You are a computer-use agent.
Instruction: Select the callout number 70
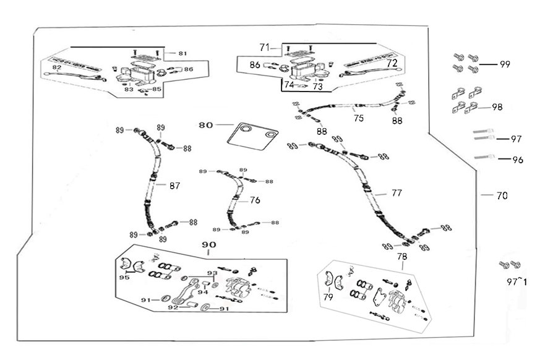tap(502, 196)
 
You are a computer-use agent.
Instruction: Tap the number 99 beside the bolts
tap(505, 64)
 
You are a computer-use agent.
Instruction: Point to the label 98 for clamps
tap(497, 107)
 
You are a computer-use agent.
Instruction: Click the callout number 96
tap(518, 160)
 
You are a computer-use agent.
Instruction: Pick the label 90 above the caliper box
tap(208, 245)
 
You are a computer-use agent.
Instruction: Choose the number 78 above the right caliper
tap(402, 256)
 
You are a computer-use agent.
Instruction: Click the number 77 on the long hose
tap(397, 193)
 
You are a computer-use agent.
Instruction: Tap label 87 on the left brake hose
tap(174, 185)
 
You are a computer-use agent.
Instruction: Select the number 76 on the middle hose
tap(255, 200)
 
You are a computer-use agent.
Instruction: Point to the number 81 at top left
tap(182, 54)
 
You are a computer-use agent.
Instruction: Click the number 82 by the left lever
tap(56, 67)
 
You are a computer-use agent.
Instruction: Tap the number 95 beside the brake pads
tap(124, 278)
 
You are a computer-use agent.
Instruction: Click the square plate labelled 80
tap(251, 136)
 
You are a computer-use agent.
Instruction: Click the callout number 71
tap(265, 47)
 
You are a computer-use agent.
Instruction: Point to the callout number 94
tap(203, 293)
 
